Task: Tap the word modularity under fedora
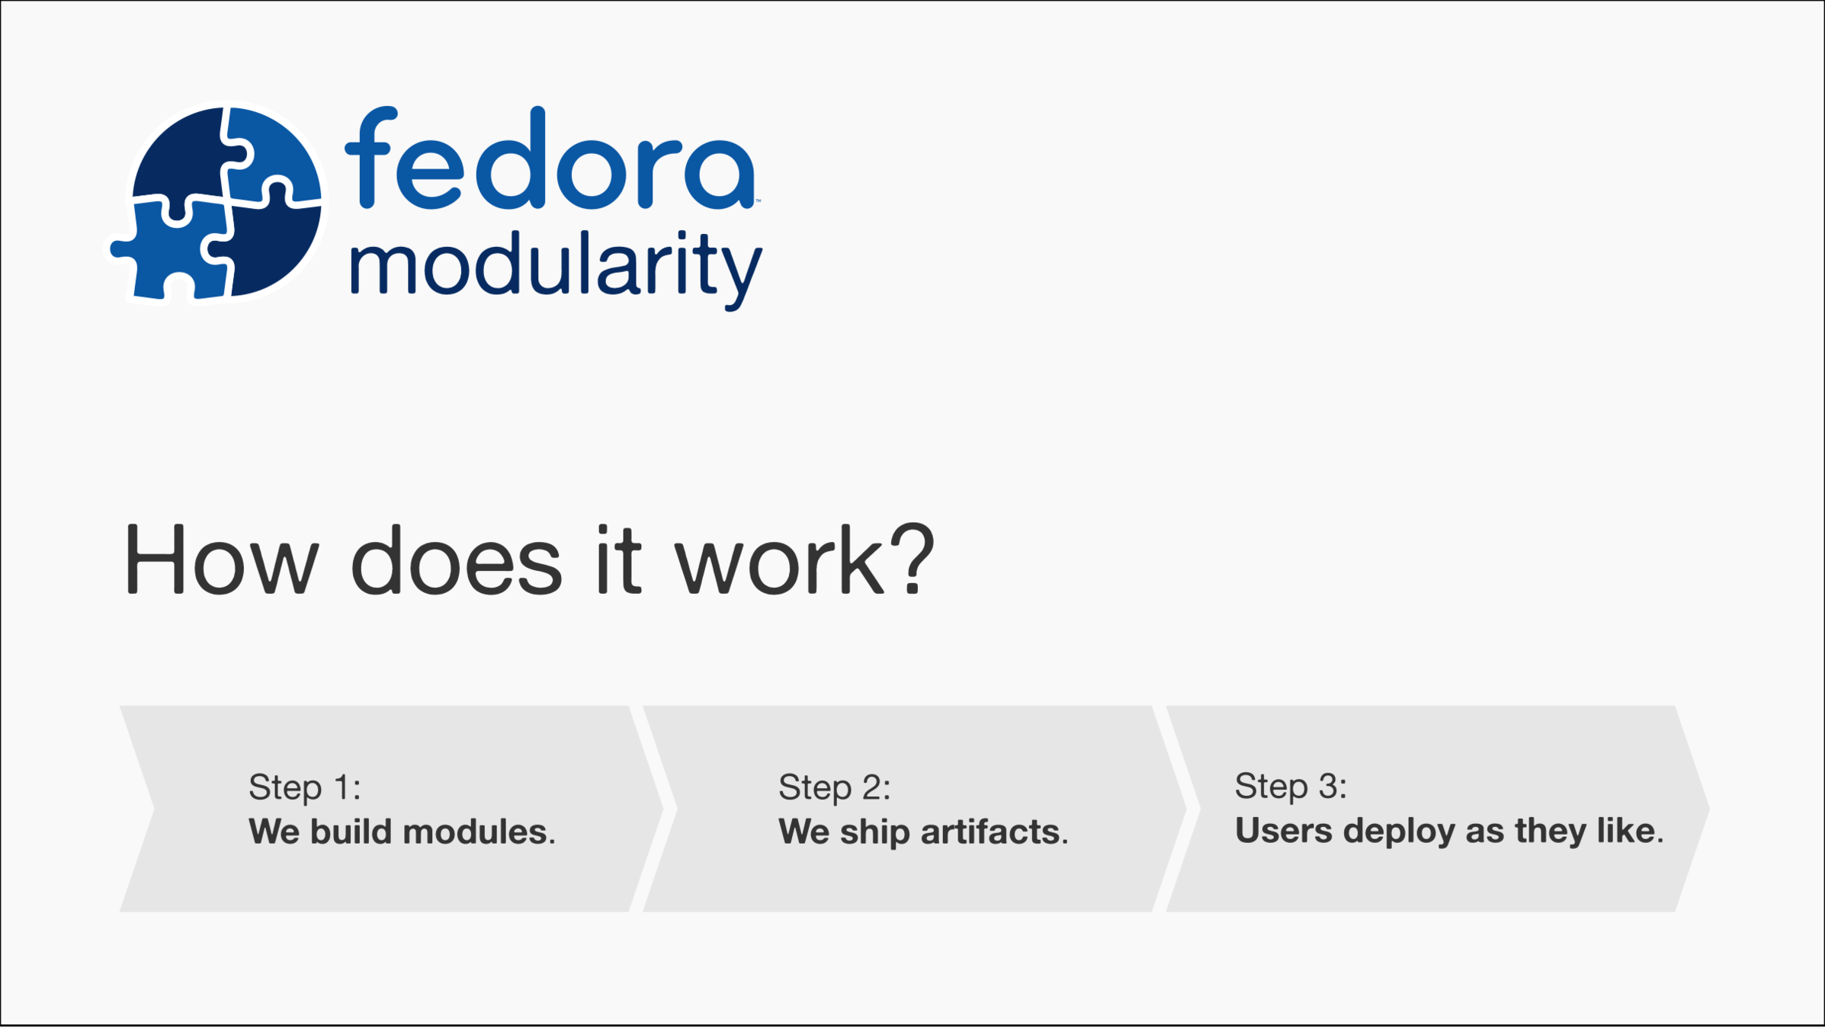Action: (556, 268)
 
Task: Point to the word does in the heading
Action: (456, 560)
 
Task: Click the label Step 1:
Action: (304, 787)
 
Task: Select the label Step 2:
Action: (834, 787)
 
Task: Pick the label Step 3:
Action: (1291, 786)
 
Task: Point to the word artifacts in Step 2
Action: (990, 832)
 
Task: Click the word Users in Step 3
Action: (1284, 831)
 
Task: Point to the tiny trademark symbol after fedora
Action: (758, 201)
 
